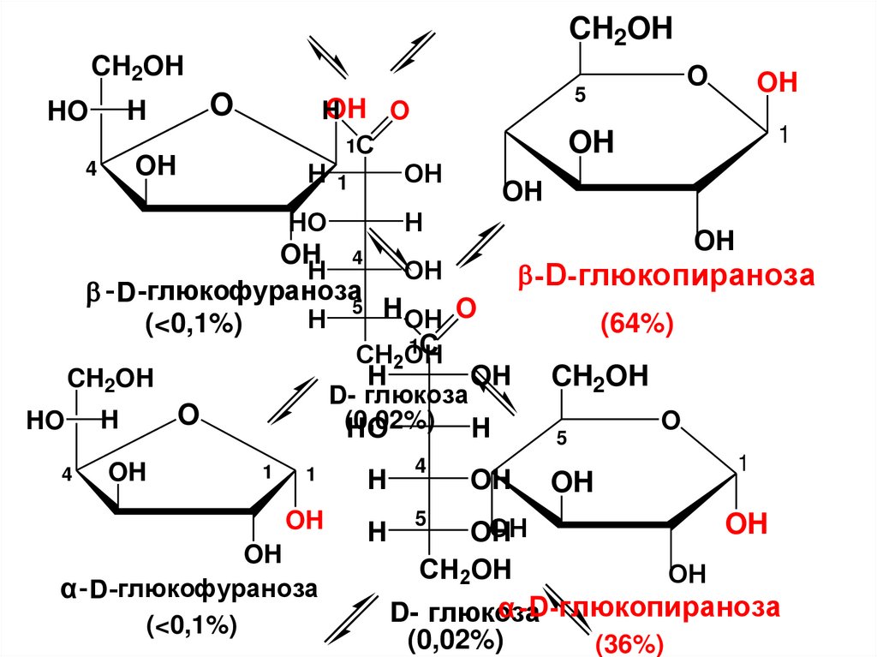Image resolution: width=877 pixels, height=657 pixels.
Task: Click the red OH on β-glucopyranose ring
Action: coord(777,83)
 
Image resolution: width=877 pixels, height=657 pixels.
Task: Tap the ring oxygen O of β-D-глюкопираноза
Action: coord(697,77)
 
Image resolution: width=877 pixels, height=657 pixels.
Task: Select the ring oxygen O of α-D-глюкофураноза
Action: coord(188,415)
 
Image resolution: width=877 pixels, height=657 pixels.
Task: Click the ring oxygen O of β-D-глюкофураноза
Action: coord(221,105)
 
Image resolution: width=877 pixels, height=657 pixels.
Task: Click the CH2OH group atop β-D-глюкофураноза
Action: coord(137,68)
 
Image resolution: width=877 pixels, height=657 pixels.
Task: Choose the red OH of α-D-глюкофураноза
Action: coord(304,520)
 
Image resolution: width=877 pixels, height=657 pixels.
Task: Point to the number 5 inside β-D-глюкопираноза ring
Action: coord(580,97)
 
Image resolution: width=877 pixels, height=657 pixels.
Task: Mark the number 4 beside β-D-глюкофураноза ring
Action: coord(91,169)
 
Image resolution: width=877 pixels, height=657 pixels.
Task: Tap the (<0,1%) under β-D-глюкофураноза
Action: coord(194,324)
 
